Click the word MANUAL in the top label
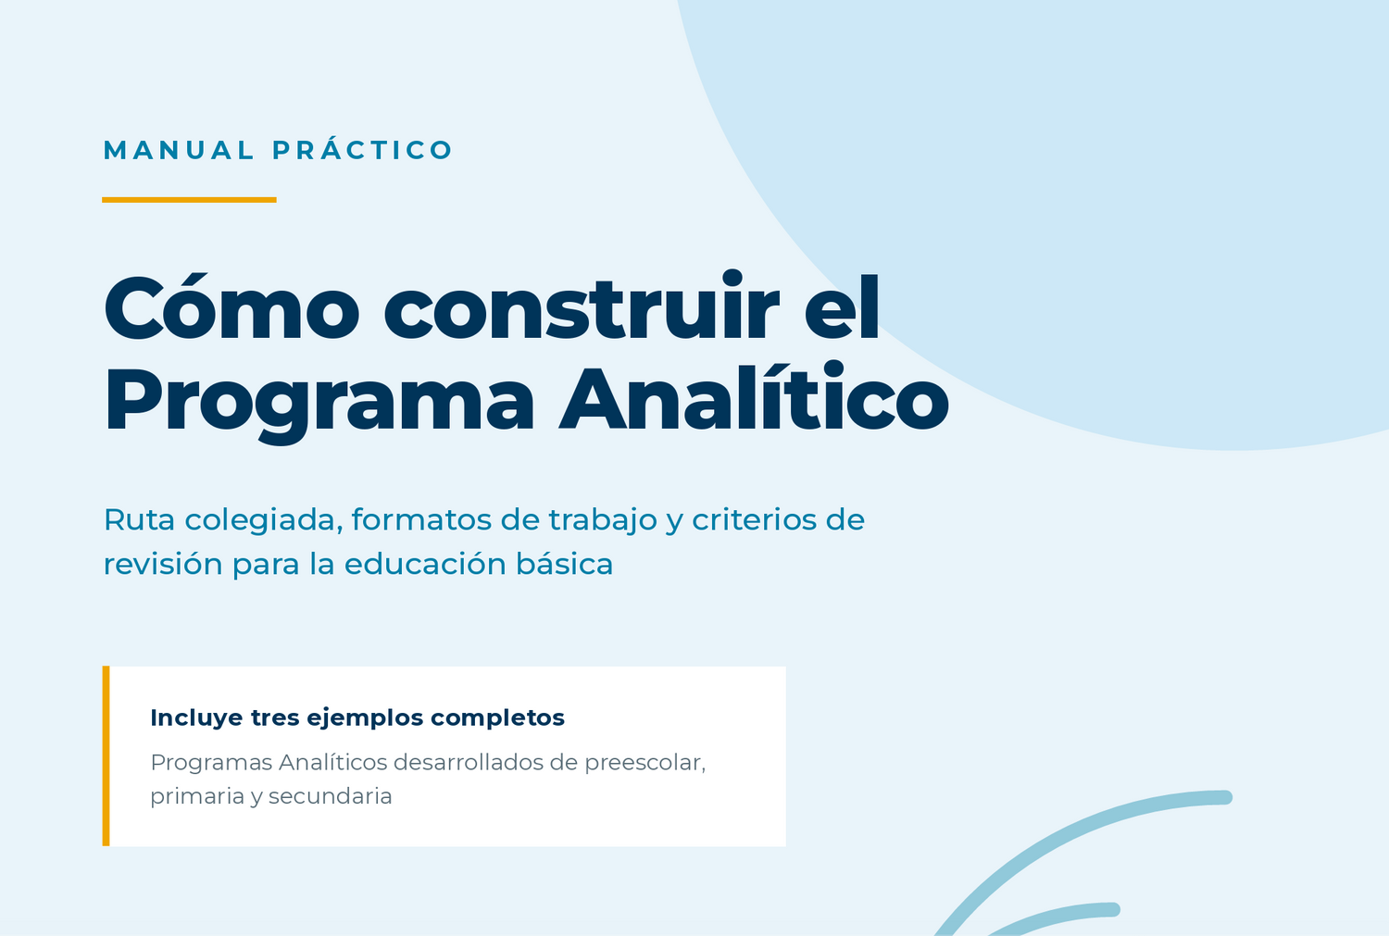[179, 151]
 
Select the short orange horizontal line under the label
[189, 200]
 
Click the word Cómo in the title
[231, 308]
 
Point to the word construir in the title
[582, 306]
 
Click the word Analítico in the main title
[754, 397]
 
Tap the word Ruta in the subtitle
[140, 519]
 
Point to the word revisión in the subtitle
[163, 564]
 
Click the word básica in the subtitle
[564, 563]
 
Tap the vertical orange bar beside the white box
[106, 756]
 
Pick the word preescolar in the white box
[644, 764]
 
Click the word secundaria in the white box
[330, 796]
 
